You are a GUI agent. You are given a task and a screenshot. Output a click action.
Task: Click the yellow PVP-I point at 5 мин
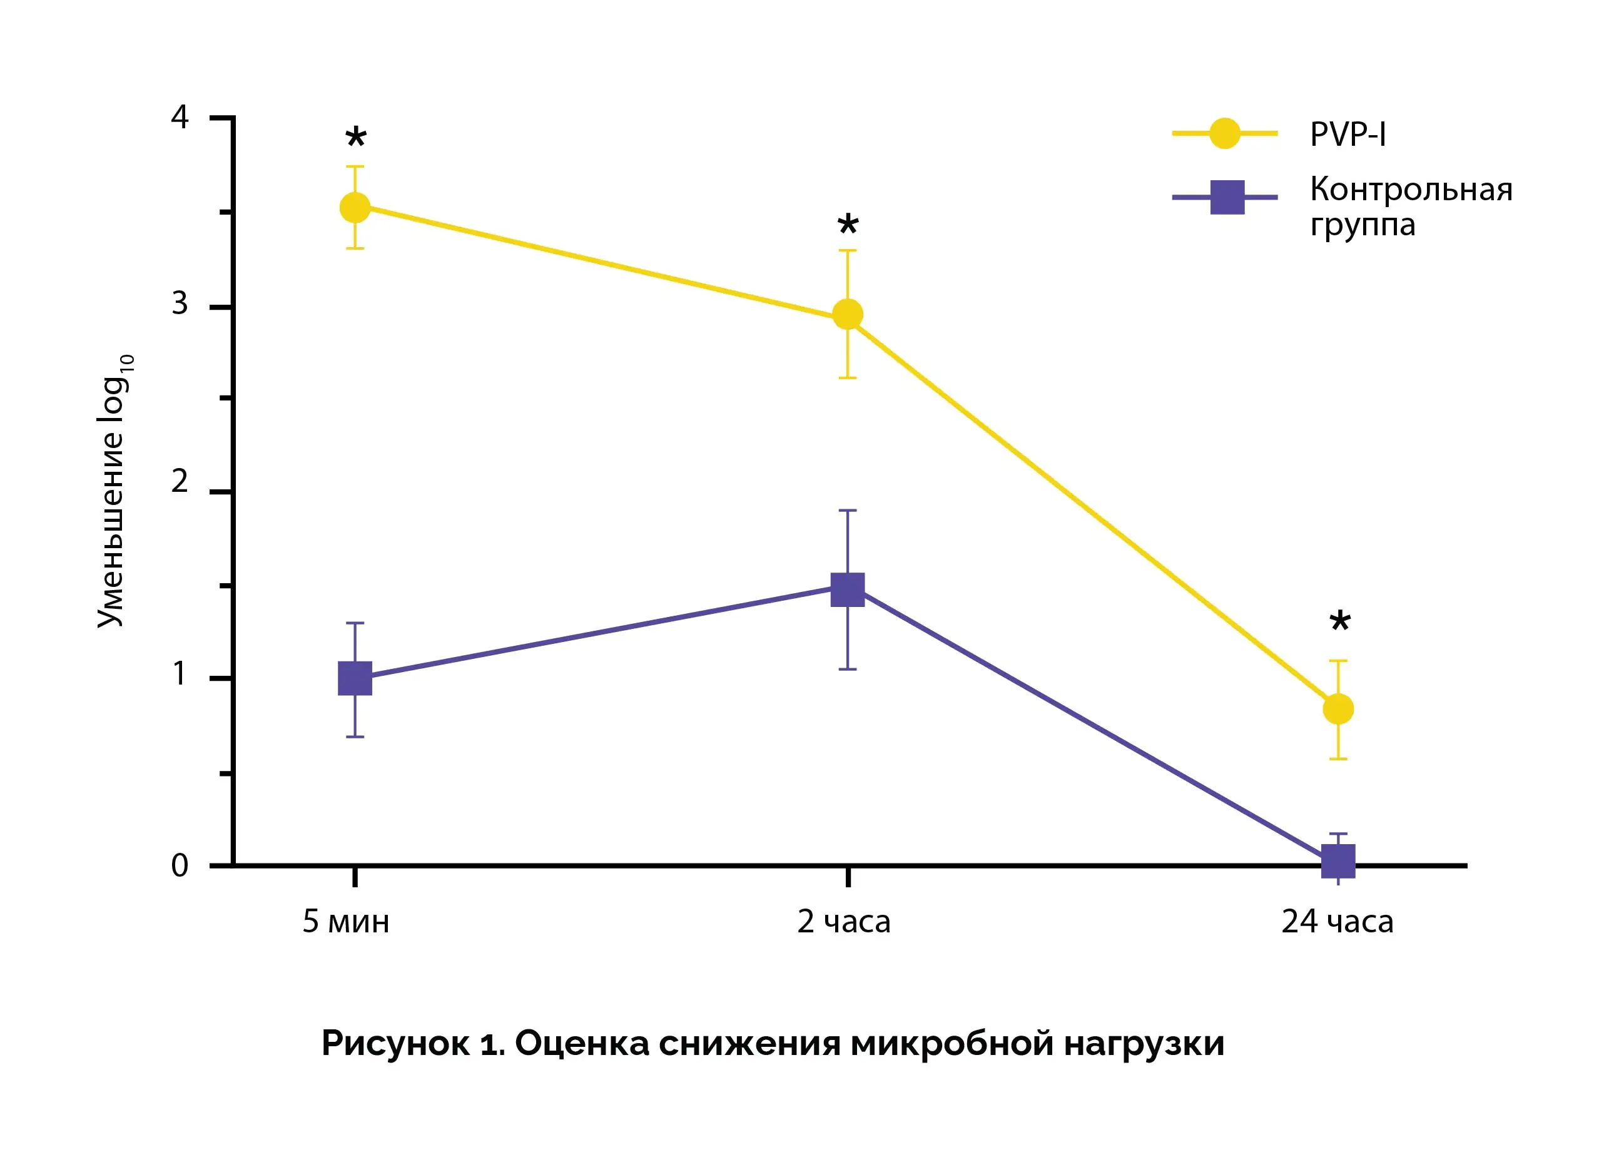355,208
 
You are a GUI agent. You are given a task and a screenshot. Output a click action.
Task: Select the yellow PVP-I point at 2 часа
848,314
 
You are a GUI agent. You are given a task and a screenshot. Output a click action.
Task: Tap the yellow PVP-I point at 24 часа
1338,708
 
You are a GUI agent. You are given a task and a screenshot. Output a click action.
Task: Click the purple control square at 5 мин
355,678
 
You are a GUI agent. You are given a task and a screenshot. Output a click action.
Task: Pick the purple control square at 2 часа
848,589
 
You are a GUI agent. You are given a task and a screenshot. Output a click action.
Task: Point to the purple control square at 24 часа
1338,861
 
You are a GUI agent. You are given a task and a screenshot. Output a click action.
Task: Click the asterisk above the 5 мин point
356,138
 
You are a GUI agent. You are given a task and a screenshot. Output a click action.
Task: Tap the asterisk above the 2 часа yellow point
848,226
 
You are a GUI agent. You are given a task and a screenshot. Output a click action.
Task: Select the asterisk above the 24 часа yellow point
1340,621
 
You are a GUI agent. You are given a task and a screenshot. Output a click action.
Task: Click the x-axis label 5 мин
346,921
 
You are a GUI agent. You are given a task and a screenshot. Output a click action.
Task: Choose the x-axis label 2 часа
843,921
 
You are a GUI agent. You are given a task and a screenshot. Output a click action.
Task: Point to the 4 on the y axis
180,117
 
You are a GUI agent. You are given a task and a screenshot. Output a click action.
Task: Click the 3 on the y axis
180,303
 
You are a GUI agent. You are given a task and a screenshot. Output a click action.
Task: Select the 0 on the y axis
180,865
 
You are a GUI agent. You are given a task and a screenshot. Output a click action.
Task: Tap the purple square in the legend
1227,197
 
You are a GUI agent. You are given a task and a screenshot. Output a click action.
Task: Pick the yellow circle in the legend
1225,133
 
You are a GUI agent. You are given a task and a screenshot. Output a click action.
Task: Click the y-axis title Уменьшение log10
114,491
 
